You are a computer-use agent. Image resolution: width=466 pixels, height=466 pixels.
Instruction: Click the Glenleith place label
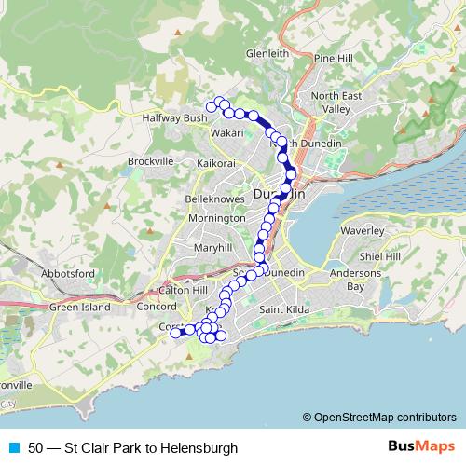(x=267, y=54)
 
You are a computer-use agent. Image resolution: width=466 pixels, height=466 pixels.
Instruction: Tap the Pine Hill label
(x=336, y=58)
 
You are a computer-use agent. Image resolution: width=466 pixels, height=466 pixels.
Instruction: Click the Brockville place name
(x=151, y=161)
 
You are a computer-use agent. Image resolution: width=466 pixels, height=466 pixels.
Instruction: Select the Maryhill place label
(x=212, y=248)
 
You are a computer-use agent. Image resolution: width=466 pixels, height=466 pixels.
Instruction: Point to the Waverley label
(x=357, y=229)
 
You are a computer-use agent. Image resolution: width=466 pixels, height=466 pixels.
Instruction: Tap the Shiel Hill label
(x=380, y=256)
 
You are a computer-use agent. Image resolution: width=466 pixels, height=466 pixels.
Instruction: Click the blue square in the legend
(x=11, y=448)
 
